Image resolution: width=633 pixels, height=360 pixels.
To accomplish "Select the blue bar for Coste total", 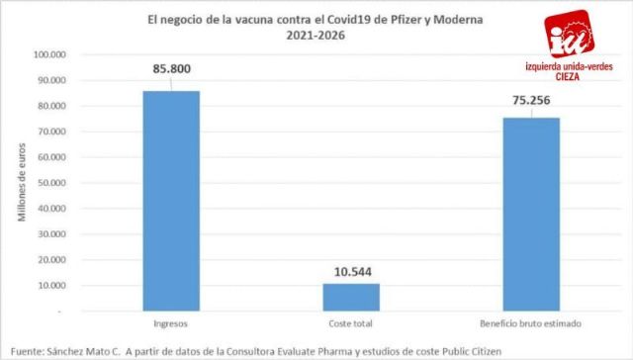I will [351, 297].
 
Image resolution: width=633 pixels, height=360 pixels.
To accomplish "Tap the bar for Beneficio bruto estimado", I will [531, 214].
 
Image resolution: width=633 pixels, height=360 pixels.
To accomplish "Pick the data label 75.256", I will [531, 99].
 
